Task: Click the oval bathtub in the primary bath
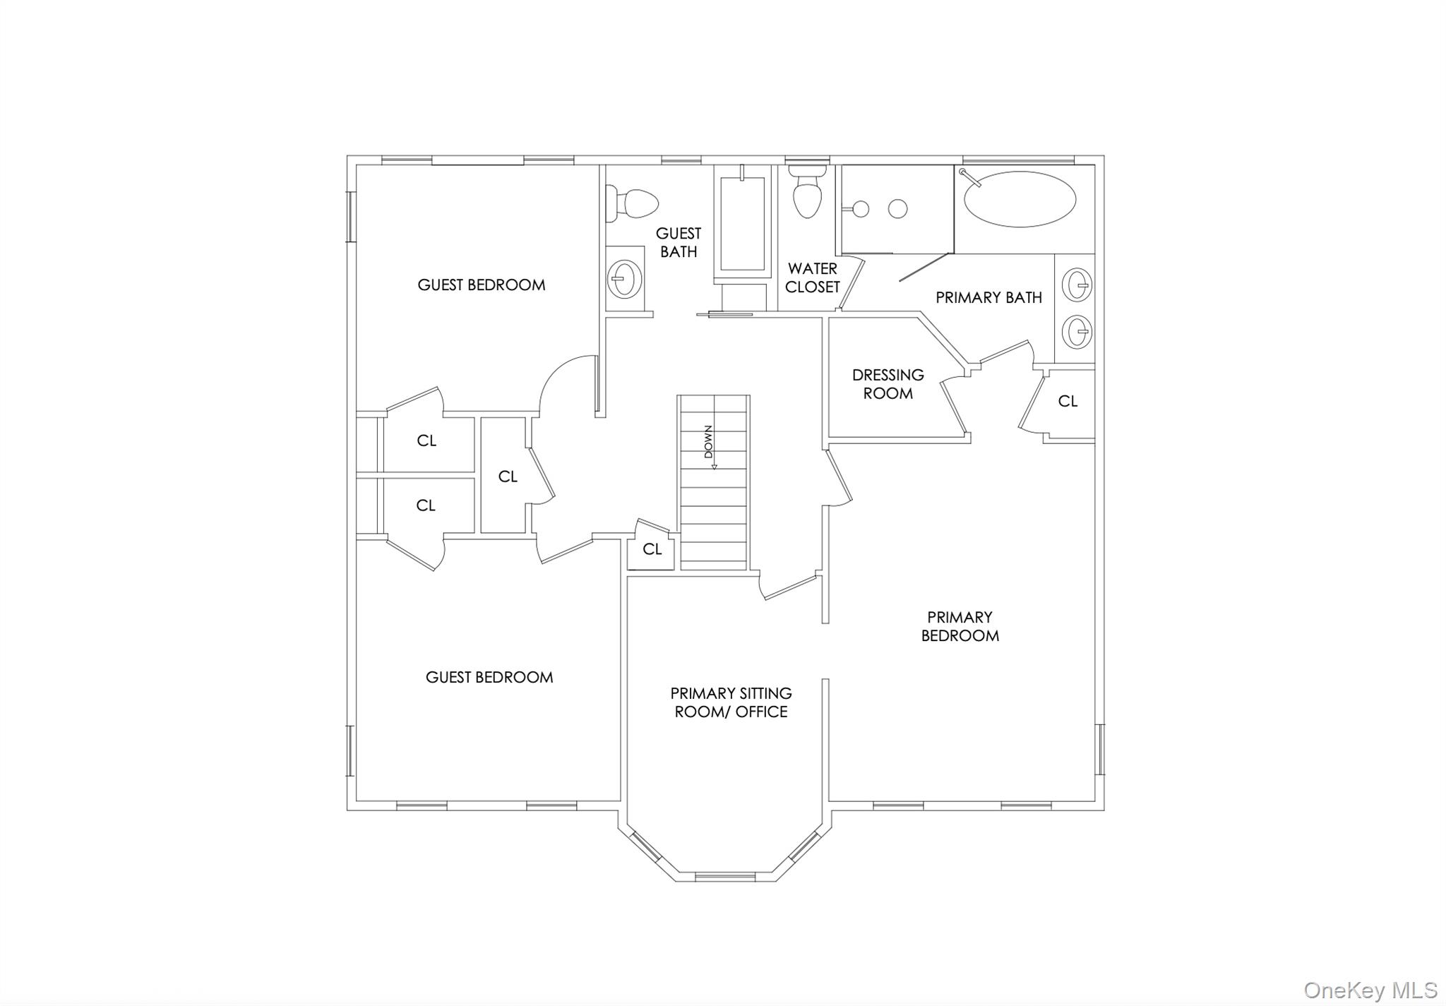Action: [x=1020, y=199]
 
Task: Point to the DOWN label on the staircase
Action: [x=708, y=442]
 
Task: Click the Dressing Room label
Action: [x=888, y=384]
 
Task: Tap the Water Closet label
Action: [x=813, y=277]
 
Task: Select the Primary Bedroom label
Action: [x=960, y=626]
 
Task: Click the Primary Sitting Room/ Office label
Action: [x=731, y=702]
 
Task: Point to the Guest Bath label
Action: [x=679, y=242]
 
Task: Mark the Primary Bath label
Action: [x=988, y=298]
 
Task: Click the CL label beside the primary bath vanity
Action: [x=1068, y=401]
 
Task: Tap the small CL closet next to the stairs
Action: [x=652, y=548]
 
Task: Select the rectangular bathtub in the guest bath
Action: [x=742, y=224]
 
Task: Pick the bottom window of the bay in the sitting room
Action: [x=725, y=877]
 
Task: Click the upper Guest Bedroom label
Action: [x=482, y=285]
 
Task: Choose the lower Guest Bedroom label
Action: [x=489, y=678]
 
